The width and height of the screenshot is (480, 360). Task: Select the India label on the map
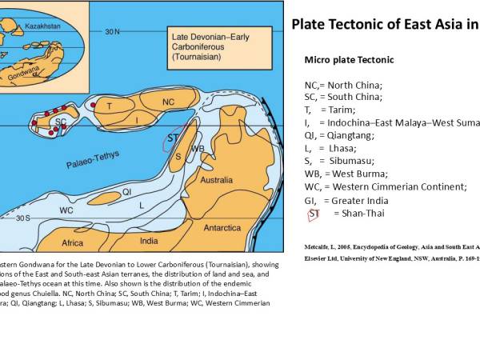tap(149, 240)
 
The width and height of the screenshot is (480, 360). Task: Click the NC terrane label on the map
tap(168, 102)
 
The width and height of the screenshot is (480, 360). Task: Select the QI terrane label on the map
tap(126, 192)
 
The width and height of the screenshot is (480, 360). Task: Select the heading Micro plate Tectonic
tap(349, 60)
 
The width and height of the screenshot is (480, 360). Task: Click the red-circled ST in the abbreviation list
tap(314, 214)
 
